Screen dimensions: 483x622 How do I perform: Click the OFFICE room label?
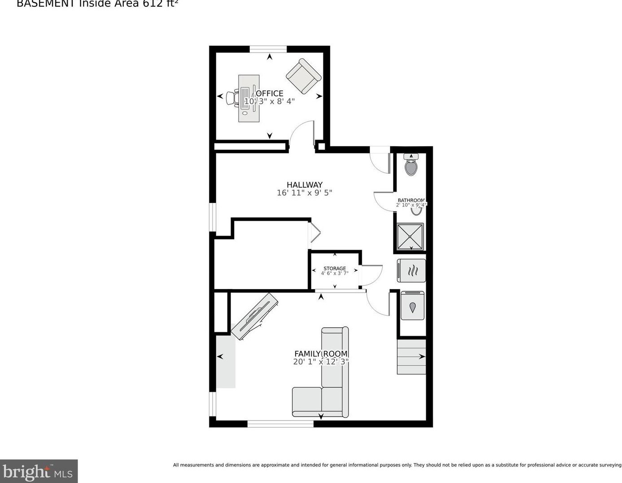[x=270, y=93]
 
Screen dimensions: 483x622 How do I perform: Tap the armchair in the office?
[x=304, y=76]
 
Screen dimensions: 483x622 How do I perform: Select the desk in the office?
[x=249, y=98]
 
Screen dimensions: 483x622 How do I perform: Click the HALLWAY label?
[x=304, y=184]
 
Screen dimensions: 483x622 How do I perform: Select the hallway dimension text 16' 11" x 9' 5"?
[x=304, y=193]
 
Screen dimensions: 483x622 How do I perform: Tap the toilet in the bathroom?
[x=411, y=165]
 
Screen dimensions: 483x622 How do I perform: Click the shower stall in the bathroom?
[x=410, y=237]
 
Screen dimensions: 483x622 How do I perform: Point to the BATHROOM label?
[x=411, y=200]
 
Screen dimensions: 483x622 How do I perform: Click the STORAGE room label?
[x=335, y=268]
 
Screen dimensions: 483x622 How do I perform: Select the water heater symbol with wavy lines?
[x=412, y=271]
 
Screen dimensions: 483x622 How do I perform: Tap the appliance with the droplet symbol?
[x=412, y=306]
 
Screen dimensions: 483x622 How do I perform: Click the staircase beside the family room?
[x=411, y=357]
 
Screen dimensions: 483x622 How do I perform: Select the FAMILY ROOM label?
[x=321, y=354]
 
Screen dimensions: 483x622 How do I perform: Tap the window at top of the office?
[x=268, y=49]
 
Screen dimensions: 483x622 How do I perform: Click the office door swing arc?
[x=301, y=133]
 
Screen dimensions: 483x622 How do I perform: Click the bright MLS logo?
[x=39, y=471]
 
